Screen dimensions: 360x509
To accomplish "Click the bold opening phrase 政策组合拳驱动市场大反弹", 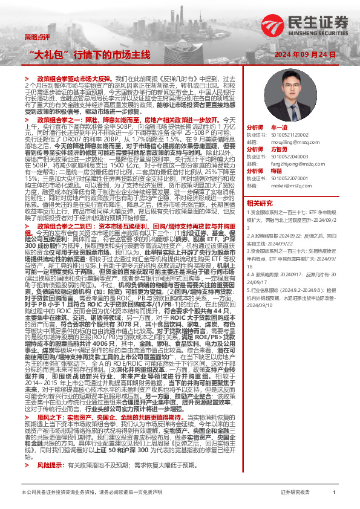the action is (x=76, y=79).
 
